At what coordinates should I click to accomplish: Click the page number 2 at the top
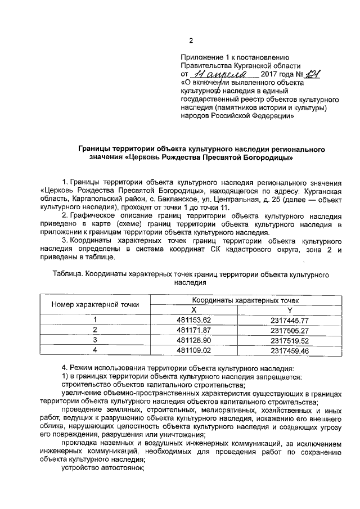191,40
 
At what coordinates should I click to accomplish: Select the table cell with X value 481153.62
193,319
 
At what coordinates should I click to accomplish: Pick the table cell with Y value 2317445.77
290,319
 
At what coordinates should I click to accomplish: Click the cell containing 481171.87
193,330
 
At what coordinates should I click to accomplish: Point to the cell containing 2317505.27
290,330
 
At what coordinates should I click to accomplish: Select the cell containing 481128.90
193,340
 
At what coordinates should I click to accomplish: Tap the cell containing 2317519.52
290,340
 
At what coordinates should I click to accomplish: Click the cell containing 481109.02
193,350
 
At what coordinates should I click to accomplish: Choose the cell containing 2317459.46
290,350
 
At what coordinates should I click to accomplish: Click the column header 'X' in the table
193,310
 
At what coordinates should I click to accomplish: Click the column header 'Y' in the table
290,310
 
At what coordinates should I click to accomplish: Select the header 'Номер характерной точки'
96,305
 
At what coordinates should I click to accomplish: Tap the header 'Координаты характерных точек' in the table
241,300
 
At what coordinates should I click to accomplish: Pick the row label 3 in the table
96,340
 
